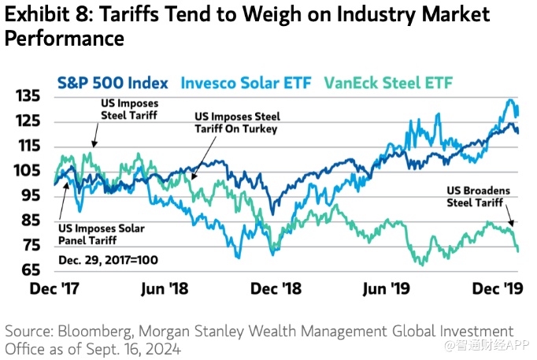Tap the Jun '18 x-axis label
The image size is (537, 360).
166,289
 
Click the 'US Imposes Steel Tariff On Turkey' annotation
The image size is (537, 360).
236,122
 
